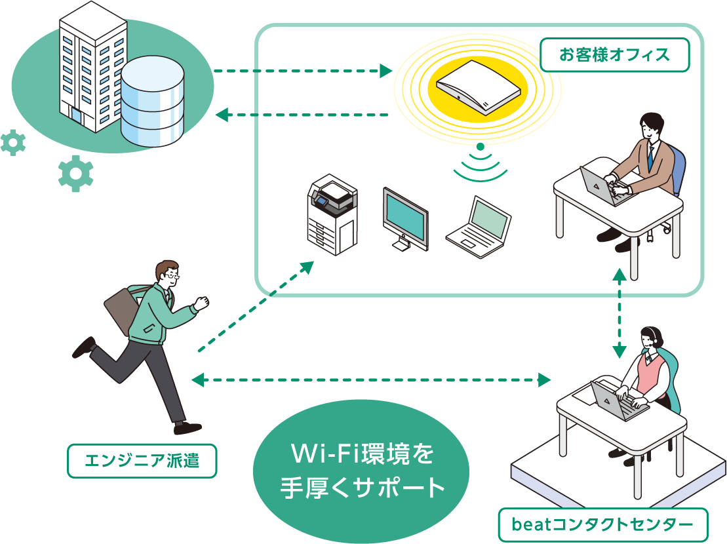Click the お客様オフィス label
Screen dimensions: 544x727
pos(614,55)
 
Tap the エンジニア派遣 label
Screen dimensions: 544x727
pos(142,462)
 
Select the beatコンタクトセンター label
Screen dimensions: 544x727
pos(602,525)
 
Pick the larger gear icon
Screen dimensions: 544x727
pos(76,173)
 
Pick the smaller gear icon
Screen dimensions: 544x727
pos(12,142)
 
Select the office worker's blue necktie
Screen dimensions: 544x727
pos(650,158)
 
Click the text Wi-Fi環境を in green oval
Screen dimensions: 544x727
pos(362,454)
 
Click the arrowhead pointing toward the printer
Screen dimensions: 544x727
pos(308,266)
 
